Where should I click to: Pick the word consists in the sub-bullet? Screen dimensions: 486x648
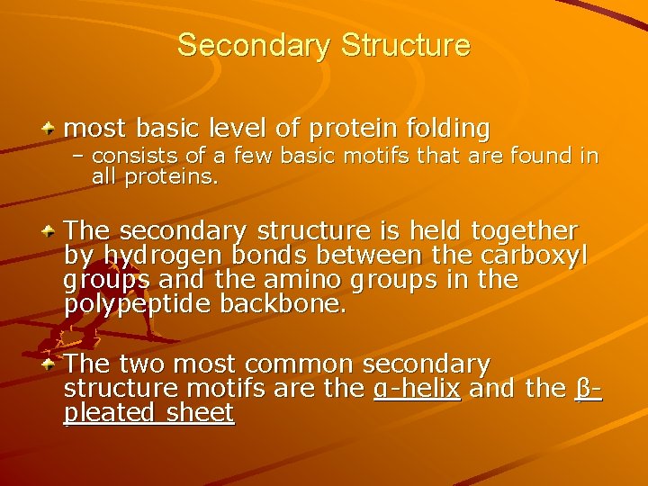[x=130, y=157]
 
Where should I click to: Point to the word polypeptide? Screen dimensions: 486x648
[x=121, y=304]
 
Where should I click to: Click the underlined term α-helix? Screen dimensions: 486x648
[x=417, y=390]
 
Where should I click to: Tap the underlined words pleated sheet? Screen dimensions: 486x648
[x=149, y=413]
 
